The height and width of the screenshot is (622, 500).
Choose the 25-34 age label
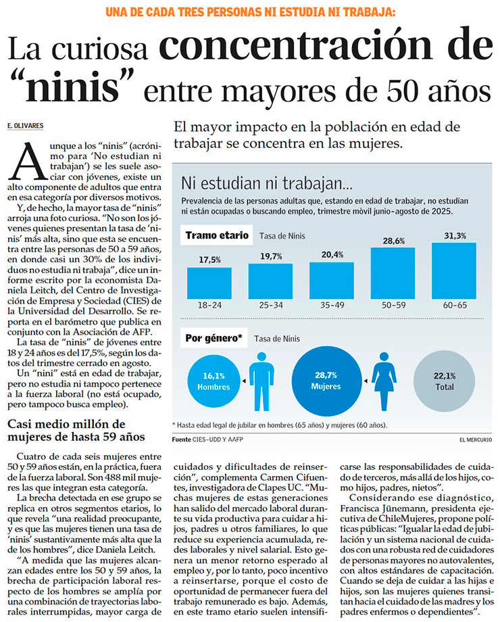271,305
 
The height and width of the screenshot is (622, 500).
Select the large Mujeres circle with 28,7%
326,381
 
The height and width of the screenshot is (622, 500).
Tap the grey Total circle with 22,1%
444,381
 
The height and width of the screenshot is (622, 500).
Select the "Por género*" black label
214,338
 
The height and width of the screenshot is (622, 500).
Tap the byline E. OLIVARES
25,127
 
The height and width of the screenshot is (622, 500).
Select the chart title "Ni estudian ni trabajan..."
267,183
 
